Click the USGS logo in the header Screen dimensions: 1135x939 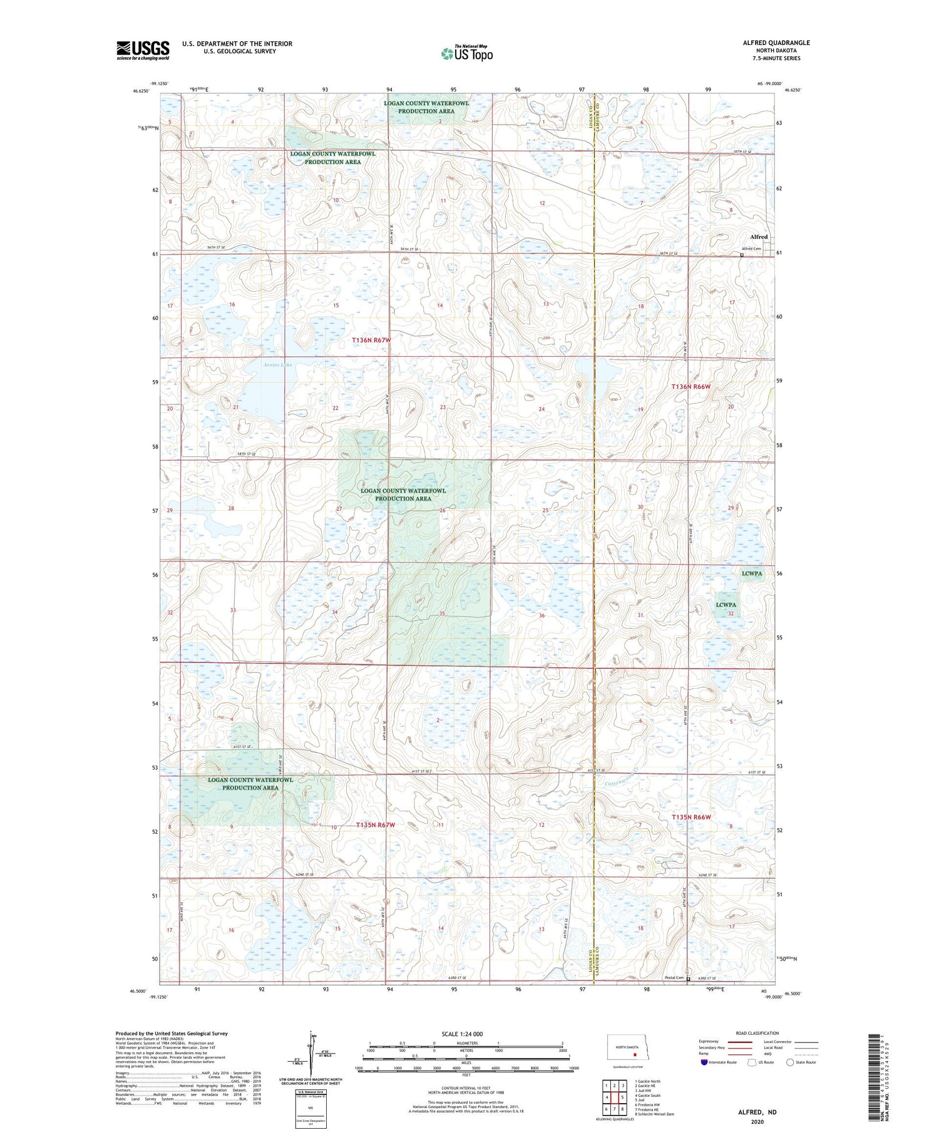pyautogui.click(x=143, y=50)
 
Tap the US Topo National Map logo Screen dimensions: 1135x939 pyautogui.click(x=466, y=53)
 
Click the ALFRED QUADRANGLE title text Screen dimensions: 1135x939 pyautogui.click(x=776, y=43)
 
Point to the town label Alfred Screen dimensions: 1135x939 pyautogui.click(x=759, y=237)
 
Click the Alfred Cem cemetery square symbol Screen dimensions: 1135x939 pyautogui.click(x=742, y=255)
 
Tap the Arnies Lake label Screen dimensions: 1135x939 pyautogui.click(x=278, y=364)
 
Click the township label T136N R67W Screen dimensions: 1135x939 pyautogui.click(x=371, y=340)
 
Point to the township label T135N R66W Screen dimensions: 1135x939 pyautogui.click(x=691, y=817)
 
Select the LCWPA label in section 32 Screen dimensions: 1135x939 pyautogui.click(x=726, y=605)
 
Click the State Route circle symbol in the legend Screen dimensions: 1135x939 pyautogui.click(x=790, y=1062)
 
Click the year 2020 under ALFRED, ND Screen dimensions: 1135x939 pyautogui.click(x=757, y=1121)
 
